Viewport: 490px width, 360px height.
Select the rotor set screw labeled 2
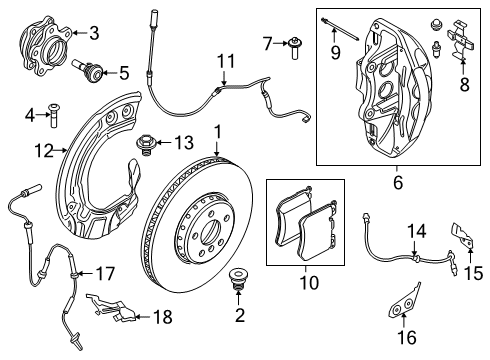pos(238,281)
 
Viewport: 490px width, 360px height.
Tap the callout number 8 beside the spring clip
pos(462,87)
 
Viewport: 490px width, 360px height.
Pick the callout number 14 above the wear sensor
pos(414,232)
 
